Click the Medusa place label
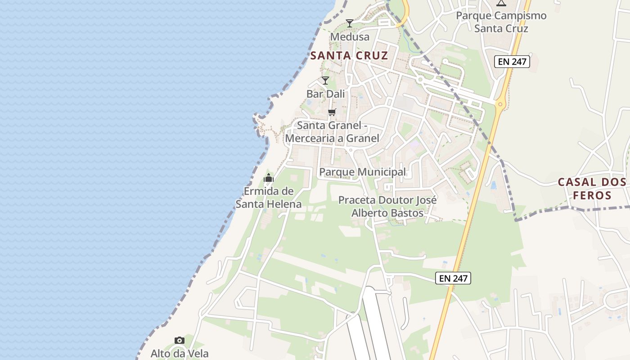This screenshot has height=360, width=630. pos(350,37)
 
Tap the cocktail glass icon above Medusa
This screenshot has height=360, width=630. pos(349,23)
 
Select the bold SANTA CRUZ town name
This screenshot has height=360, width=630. pos(349,56)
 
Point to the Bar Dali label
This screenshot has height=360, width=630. pos(325,94)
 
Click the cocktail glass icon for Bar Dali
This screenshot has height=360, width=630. pos(325,81)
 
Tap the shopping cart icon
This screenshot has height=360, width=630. pos(332,112)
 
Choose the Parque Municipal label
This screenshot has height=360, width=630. pos(362,172)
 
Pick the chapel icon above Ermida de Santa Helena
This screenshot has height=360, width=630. pos(269,178)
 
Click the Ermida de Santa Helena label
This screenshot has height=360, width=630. pos(269,198)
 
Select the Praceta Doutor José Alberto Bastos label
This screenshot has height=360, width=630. pos(387,206)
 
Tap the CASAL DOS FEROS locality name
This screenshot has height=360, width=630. pos(592,189)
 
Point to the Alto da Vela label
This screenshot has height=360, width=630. pos(180,354)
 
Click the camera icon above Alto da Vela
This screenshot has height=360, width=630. pos(180,340)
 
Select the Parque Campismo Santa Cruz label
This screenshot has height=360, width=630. pos(501,22)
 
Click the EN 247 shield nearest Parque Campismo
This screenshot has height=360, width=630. pos(512,62)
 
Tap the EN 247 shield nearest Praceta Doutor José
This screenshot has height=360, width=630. pos(454,279)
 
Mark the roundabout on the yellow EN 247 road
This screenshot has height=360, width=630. pos(499,105)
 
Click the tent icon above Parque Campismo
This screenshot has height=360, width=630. pos(501,3)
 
